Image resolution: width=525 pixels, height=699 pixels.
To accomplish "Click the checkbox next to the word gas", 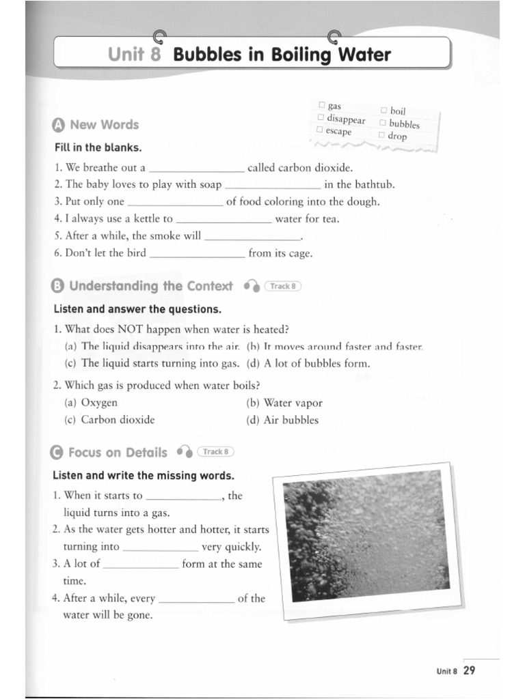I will [x=321, y=104].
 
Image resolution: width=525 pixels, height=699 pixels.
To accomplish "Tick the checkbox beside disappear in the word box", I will [x=320, y=117].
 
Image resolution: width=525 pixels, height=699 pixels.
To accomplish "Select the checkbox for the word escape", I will [x=319, y=130].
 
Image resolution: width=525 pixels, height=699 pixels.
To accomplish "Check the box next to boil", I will [x=383, y=110].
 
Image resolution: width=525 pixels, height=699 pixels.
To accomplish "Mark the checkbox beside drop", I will [x=381, y=134].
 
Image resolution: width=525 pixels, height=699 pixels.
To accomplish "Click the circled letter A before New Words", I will [x=58, y=125].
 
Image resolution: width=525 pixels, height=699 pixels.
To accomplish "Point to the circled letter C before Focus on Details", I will [x=57, y=453].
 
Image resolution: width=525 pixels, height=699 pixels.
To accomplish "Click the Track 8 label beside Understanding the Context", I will [x=282, y=287].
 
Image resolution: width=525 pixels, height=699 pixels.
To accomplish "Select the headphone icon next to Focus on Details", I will [x=184, y=452].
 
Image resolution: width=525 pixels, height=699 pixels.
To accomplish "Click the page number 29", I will [x=469, y=670].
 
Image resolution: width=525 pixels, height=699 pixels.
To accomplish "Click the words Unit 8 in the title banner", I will [x=134, y=54].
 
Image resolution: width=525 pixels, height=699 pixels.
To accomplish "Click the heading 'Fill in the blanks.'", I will [x=98, y=147].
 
